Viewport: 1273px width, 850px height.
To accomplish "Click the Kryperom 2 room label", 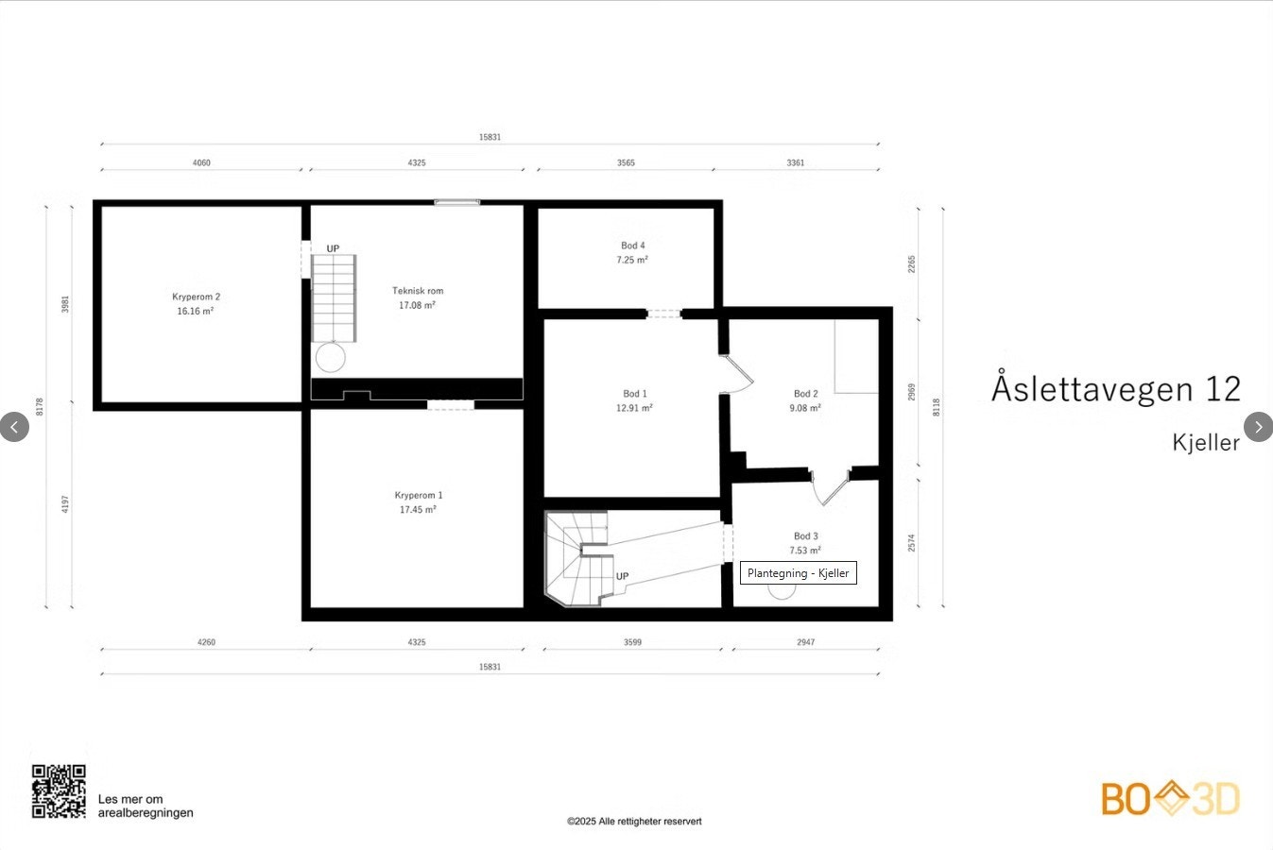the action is coord(196,297).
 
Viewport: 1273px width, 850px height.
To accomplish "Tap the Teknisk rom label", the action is coord(418,291).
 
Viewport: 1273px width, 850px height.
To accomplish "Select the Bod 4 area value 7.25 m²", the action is coord(632,260).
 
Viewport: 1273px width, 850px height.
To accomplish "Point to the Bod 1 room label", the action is coord(635,394).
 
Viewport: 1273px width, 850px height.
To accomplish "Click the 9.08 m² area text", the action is coord(805,408).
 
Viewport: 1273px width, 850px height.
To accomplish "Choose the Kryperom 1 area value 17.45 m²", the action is coord(418,509).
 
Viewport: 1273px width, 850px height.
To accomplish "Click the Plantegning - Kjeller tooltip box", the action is coord(798,573).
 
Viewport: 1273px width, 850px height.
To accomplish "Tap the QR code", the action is coord(59,790).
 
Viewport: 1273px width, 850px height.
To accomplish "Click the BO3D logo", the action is coord(1170,798).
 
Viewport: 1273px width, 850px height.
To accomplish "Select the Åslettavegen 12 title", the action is coord(1115,388).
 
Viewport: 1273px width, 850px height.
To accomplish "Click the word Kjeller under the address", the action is coord(1205,442).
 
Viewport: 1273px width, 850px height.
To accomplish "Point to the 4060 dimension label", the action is coord(201,163).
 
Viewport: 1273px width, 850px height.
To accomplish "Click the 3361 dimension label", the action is coord(796,163).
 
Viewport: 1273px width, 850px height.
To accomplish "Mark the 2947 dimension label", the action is coord(806,642).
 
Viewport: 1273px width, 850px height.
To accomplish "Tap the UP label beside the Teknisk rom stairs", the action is coord(333,248).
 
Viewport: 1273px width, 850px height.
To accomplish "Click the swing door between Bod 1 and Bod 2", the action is coord(737,374).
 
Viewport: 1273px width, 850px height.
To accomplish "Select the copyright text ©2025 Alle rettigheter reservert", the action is coord(634,821).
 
